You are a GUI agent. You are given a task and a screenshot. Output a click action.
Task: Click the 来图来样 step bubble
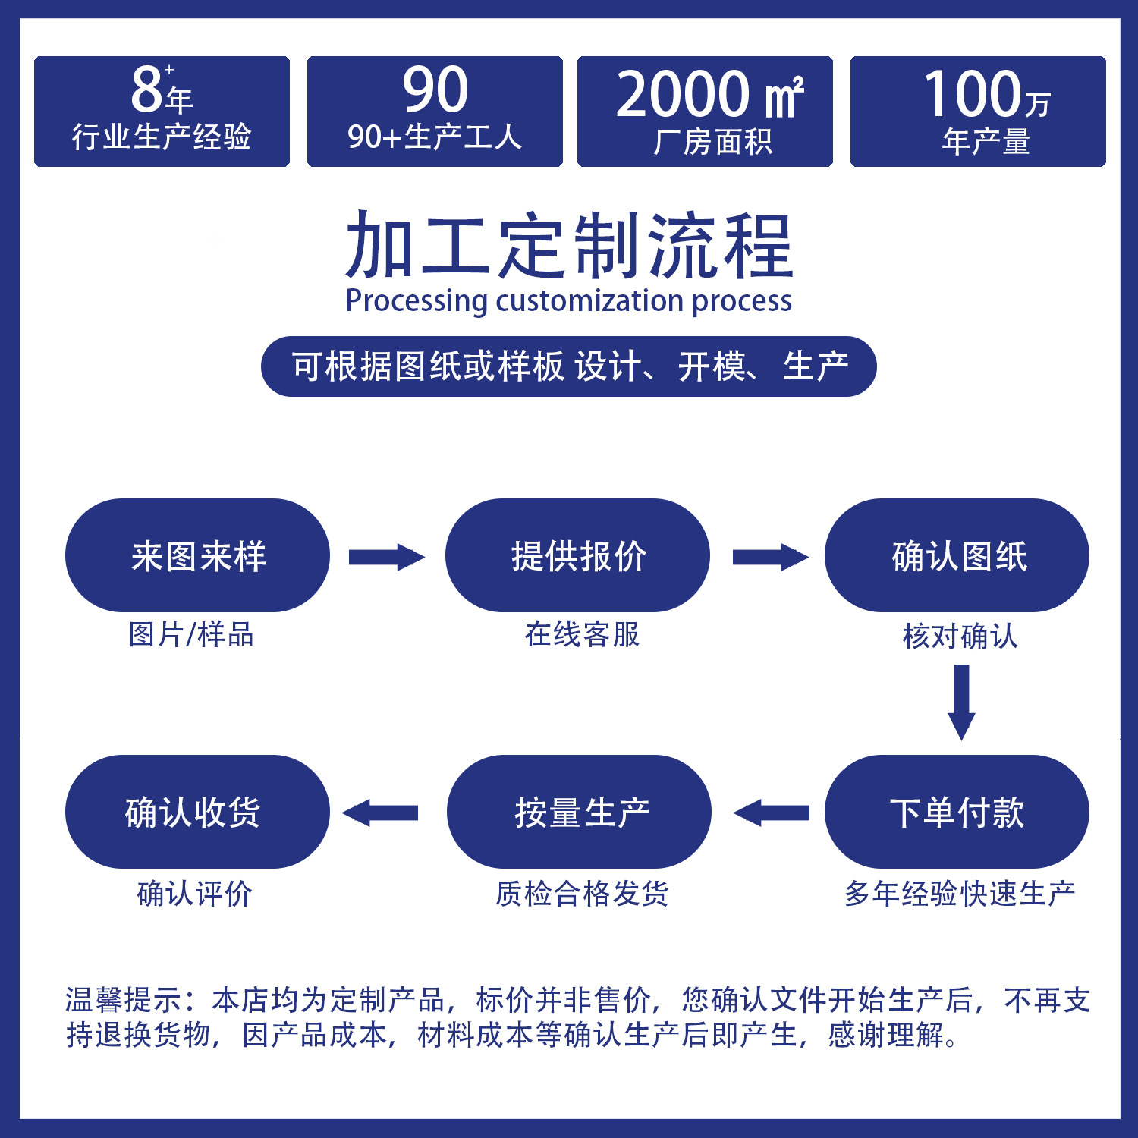(197, 555)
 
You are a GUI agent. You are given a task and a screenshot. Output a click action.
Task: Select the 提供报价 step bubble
(577, 555)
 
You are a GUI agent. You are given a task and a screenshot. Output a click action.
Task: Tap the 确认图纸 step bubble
(957, 555)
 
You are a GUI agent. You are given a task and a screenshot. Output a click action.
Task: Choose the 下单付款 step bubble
(957, 812)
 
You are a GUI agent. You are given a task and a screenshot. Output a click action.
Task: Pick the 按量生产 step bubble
(579, 812)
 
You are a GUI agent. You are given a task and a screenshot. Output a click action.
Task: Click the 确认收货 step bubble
(197, 812)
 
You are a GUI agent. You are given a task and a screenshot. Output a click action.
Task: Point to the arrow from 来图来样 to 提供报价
(386, 558)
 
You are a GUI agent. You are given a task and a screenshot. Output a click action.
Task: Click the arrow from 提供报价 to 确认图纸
(769, 558)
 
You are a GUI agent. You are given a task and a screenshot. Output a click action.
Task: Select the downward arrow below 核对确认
(961, 701)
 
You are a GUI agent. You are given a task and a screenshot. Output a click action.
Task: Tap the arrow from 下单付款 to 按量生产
(771, 813)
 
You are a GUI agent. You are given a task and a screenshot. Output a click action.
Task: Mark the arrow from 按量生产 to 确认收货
(380, 813)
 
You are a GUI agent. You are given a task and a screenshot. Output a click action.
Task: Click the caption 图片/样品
(191, 634)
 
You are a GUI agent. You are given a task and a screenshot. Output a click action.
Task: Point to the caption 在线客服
(582, 634)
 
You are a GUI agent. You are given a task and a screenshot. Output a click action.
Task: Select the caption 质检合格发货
(582, 894)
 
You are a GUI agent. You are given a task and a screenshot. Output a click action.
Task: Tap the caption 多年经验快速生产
(960, 894)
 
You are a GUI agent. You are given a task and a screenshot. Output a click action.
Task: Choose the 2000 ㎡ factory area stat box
(705, 111)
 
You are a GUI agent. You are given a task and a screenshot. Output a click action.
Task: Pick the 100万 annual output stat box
(978, 111)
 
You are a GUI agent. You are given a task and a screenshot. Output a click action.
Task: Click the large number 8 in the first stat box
(147, 90)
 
